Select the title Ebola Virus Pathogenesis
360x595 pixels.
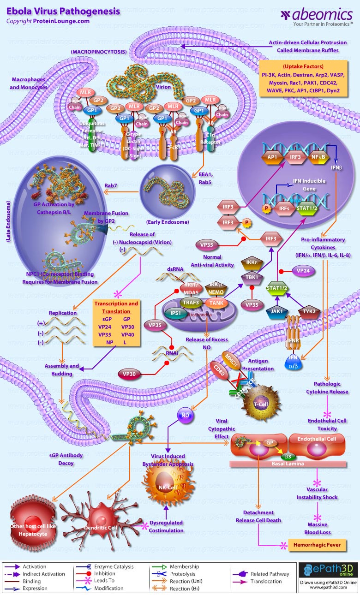[63, 11]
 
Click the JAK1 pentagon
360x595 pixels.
[277, 312]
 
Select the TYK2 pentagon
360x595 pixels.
[309, 312]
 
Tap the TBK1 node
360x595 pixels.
[252, 277]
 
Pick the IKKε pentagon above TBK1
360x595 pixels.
[252, 263]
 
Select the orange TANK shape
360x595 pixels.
[216, 303]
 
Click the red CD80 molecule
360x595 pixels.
[219, 371]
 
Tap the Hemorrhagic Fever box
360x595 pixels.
[317, 545]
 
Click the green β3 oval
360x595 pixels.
[288, 456]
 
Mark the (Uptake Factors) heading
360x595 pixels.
[303, 66]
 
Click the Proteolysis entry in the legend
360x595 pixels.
[185, 581]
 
